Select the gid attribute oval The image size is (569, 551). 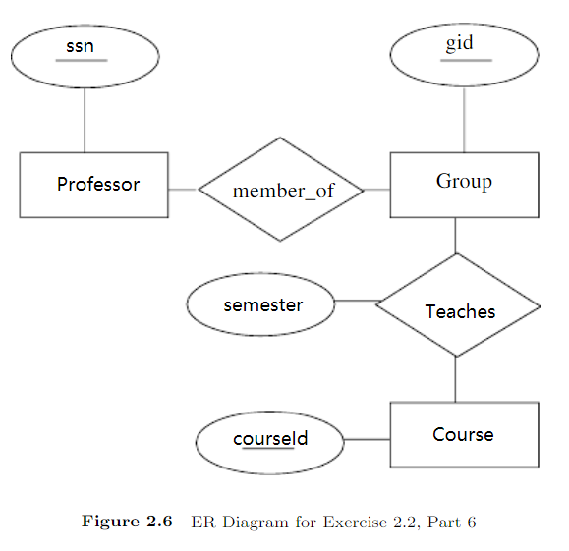pyautogui.click(x=464, y=53)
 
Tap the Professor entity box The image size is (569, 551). pyautogui.click(x=93, y=185)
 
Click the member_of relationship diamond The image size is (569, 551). pyautogui.click(x=281, y=190)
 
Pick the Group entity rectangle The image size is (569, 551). pyautogui.click(x=464, y=184)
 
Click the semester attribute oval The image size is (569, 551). pyautogui.click(x=260, y=304)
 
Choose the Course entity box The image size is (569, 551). pyautogui.click(x=464, y=434)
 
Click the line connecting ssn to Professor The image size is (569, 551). pyautogui.click(x=84, y=119)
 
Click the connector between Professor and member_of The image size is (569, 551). pyautogui.click(x=183, y=189)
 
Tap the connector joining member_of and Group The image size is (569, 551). pyautogui.click(x=377, y=189)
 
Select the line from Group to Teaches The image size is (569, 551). pyautogui.click(x=455, y=236)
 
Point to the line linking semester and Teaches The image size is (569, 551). pyautogui.click(x=356, y=301)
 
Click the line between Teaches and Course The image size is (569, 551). pyautogui.click(x=455, y=378)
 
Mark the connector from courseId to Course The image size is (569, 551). pyautogui.click(x=368, y=439)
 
